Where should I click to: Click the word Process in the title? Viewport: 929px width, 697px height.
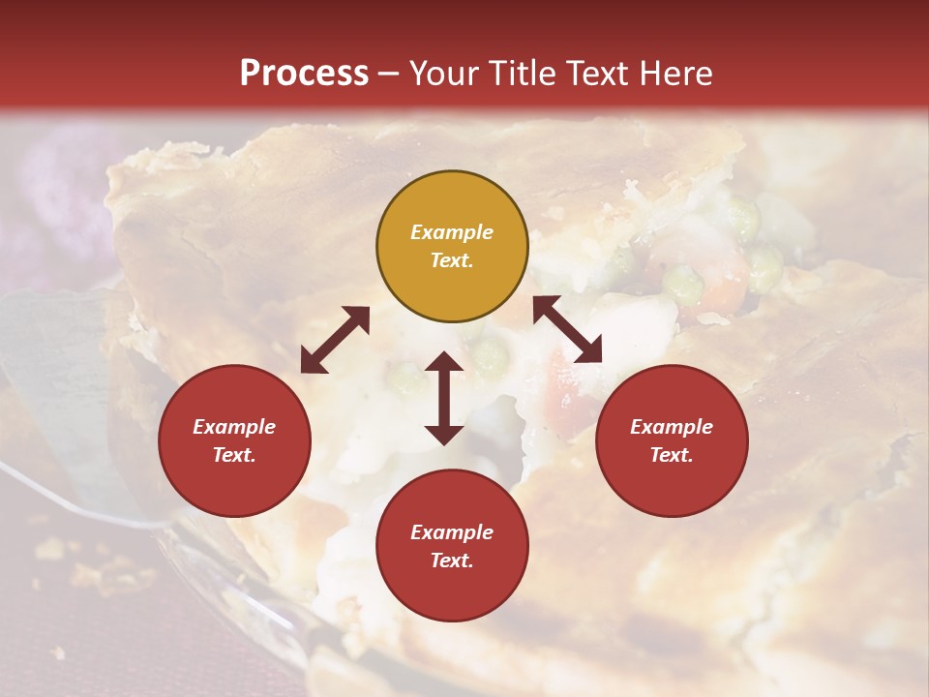click(x=304, y=74)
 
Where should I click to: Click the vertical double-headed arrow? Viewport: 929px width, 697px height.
click(x=444, y=398)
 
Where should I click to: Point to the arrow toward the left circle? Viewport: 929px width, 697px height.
click(x=335, y=340)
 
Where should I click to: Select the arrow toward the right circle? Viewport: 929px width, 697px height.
click(x=567, y=329)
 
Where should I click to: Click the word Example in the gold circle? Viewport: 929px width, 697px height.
click(x=452, y=232)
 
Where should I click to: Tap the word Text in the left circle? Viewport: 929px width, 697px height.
click(x=234, y=455)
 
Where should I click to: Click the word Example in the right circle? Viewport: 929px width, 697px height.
click(x=672, y=427)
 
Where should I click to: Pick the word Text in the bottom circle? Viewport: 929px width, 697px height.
click(x=452, y=561)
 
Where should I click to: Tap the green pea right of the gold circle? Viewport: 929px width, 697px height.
click(x=684, y=284)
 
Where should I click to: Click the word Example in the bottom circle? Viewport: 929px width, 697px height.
click(x=452, y=532)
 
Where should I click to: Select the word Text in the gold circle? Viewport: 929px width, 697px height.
click(x=452, y=260)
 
